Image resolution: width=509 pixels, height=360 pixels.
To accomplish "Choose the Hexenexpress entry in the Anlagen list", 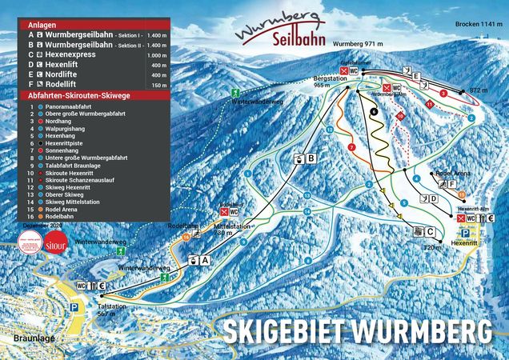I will tap(68, 50).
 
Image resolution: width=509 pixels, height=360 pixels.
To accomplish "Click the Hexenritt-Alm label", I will tap(473, 207).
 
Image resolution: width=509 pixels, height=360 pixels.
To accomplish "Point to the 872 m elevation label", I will tap(478, 90).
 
